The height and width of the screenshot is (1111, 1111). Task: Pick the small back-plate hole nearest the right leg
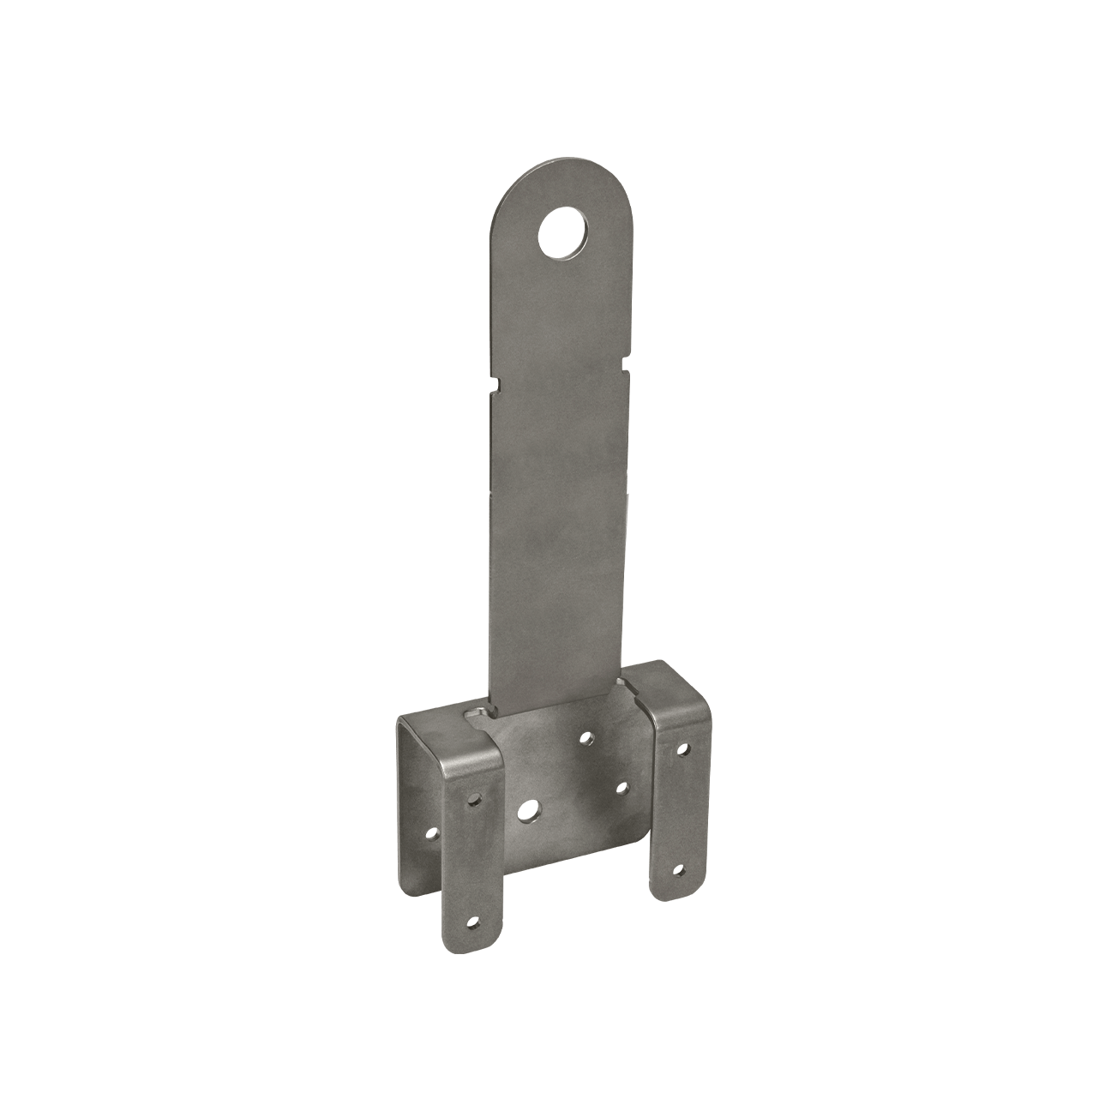[623, 787]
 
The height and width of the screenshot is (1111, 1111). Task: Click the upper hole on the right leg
[683, 748]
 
